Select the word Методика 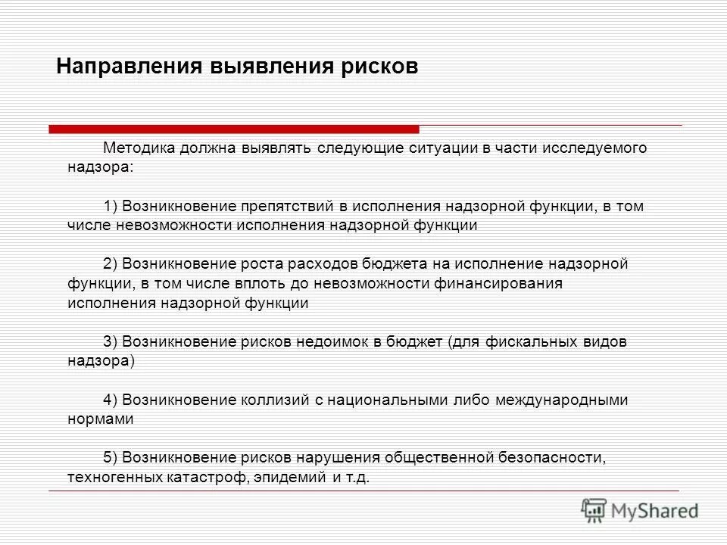tap(137, 148)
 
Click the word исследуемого tap(594, 148)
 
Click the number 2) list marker tap(111, 264)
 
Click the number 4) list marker tap(111, 400)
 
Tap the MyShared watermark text tap(655, 512)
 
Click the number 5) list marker tap(111, 458)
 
